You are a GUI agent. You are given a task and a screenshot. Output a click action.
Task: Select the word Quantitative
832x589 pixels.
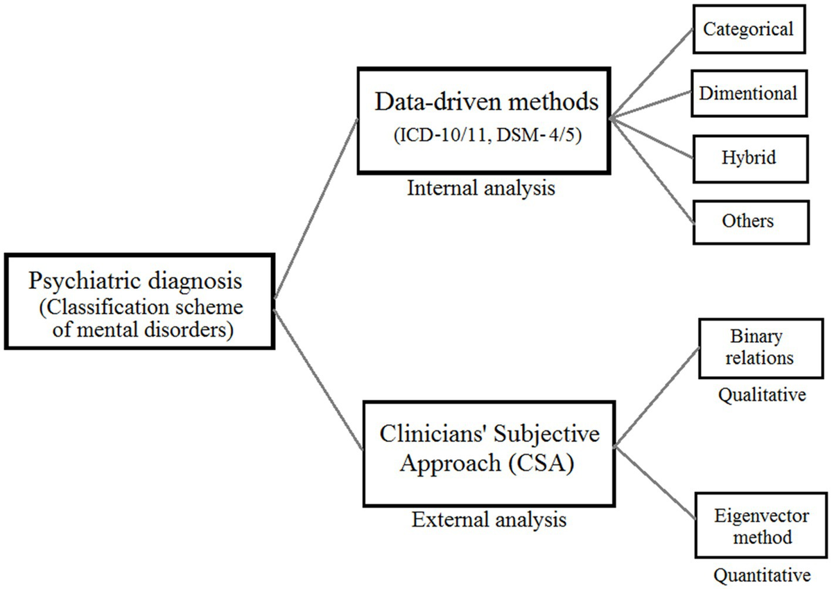761,575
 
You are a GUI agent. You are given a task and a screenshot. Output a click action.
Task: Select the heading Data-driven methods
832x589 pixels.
487,103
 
